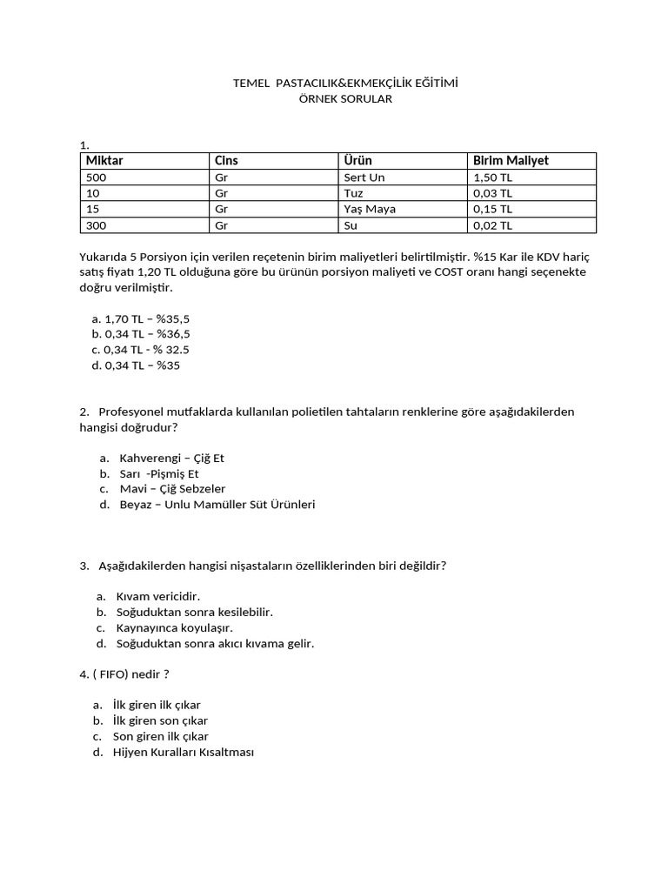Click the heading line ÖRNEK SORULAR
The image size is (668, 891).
(345, 99)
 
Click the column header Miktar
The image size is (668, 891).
(104, 160)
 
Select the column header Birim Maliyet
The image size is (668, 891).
(511, 160)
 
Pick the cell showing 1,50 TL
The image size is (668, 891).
(493, 178)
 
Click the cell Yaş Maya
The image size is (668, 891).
(370, 209)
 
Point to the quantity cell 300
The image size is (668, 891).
(96, 225)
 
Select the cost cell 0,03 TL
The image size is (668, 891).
(493, 193)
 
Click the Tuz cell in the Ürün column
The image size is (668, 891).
(353, 193)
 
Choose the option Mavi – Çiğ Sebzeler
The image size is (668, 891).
(172, 489)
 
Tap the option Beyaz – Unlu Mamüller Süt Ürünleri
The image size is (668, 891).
(217, 505)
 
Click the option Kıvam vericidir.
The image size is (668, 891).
(158, 597)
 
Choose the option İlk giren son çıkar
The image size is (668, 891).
(160, 720)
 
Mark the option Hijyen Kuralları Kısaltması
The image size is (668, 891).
(183, 752)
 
